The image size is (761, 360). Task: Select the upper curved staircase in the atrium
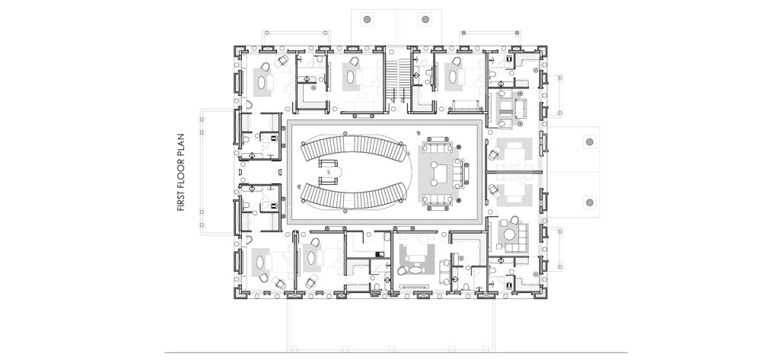coord(353,148)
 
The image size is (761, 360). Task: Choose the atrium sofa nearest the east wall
coord(459,172)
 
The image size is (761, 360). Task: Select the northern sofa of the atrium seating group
coord(437,147)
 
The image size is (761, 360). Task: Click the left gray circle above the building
coord(368,19)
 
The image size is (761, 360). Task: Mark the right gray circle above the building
coord(425,19)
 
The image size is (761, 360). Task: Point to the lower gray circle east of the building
coord(590,202)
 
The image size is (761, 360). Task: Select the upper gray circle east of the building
coord(590,142)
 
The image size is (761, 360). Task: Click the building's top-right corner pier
coord(543,51)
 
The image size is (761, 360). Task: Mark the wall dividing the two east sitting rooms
coord(514,172)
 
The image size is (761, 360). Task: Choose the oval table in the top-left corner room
coord(262,82)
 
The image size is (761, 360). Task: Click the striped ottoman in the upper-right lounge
coord(506,110)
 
